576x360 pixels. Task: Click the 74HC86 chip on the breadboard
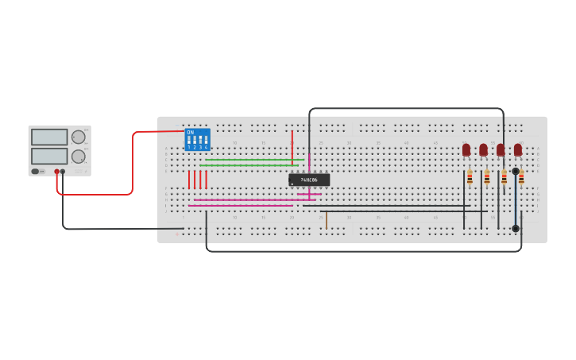point(309,180)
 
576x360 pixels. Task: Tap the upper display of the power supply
point(49,137)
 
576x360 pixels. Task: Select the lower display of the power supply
point(49,155)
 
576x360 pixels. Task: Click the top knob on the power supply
point(79,137)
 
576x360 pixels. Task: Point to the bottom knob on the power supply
point(79,156)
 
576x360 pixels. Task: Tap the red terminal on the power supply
point(57,171)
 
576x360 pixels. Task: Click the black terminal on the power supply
point(64,171)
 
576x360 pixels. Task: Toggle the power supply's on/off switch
point(36,171)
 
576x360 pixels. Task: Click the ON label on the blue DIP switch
point(191,132)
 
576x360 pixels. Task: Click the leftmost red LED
point(466,149)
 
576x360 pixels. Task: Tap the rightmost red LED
point(518,149)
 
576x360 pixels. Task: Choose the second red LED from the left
point(483,149)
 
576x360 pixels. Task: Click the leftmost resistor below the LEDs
point(470,177)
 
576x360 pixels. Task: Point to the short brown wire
point(326,220)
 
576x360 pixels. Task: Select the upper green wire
point(250,160)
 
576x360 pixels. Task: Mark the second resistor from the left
point(487,177)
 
